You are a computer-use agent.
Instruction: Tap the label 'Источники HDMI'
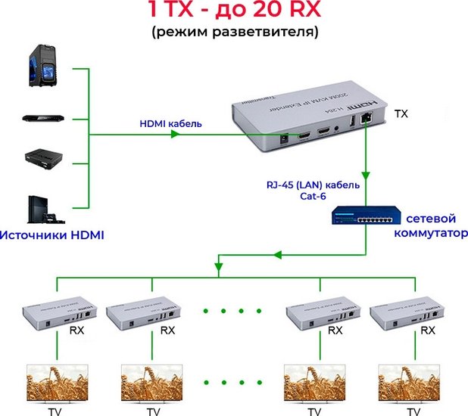(x=52, y=235)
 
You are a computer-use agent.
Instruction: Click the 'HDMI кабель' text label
(x=170, y=123)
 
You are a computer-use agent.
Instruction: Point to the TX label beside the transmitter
(x=401, y=113)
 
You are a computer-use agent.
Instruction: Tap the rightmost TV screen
(x=412, y=383)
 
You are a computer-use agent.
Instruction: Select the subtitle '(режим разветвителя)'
(x=233, y=33)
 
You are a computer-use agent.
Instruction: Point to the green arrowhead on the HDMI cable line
(x=175, y=135)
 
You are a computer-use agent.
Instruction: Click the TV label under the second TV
(x=154, y=411)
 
